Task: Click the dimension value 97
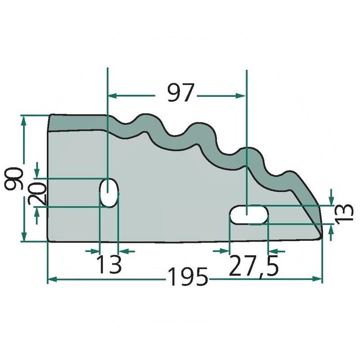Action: click(181, 92)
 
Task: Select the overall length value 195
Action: click(188, 277)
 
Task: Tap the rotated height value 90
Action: click(14, 179)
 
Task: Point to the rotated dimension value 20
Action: click(37, 193)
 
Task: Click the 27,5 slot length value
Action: click(253, 266)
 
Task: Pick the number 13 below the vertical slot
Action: click(109, 264)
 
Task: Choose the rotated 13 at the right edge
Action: click(344, 212)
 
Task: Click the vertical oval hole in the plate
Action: click(109, 193)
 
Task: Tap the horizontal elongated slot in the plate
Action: click(249, 215)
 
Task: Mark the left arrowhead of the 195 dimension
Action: click(52, 279)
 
